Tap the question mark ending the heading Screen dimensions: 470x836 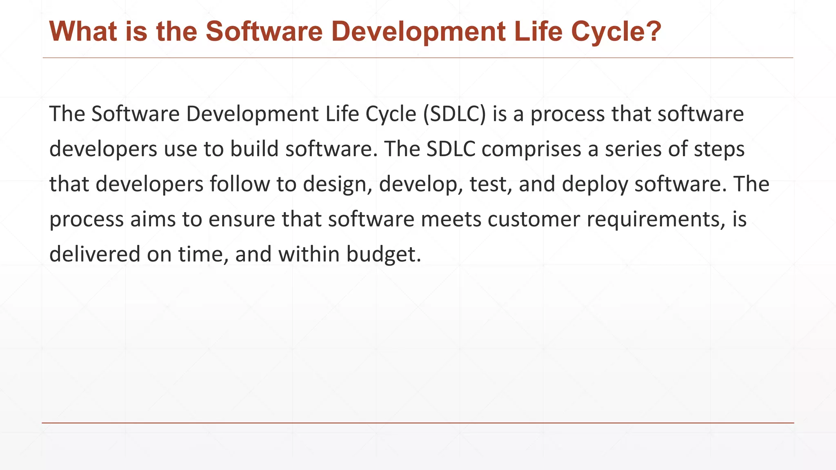tap(651, 31)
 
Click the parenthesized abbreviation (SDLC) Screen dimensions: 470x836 tap(454, 114)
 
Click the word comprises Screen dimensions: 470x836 tap(531, 149)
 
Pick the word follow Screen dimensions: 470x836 tap(240, 184)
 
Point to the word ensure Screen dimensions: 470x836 tap(242, 219)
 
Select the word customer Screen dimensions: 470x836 tap(534, 219)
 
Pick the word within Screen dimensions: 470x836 tap(309, 254)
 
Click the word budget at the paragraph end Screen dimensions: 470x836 tap(383, 254)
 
